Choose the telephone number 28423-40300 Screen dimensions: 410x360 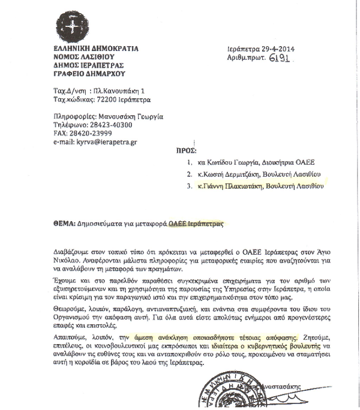coord(95,125)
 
